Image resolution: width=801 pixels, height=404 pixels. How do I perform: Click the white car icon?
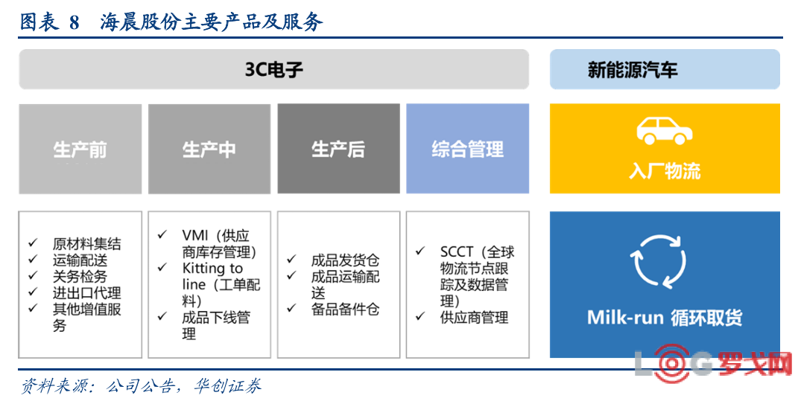[x=664, y=131]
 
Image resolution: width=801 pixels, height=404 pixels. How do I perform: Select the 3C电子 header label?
[x=273, y=69]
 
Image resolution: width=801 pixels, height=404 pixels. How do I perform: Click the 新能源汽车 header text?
[x=633, y=69]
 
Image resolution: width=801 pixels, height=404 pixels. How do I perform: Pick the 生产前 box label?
[x=80, y=150]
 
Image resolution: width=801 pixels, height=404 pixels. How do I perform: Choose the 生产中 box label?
[x=209, y=150]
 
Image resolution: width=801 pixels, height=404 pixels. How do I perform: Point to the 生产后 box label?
[x=338, y=150]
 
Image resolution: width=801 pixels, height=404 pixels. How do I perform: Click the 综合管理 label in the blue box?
[x=467, y=150]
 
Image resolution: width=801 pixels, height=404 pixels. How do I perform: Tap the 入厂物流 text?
[x=665, y=171]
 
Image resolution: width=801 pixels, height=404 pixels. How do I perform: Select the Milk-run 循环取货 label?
[x=665, y=317]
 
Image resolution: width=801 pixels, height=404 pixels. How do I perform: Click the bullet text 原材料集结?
[x=87, y=244]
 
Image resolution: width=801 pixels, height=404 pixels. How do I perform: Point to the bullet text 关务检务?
[x=80, y=277]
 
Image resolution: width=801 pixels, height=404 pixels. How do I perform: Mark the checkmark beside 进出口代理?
[x=33, y=292]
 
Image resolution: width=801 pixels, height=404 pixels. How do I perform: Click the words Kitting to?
[x=212, y=269]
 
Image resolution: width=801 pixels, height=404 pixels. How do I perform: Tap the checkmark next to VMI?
[x=162, y=234]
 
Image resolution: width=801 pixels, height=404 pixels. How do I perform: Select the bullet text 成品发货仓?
[x=345, y=260]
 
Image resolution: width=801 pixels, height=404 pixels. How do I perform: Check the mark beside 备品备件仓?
[x=291, y=307]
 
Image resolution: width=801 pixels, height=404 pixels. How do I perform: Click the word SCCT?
[x=457, y=252]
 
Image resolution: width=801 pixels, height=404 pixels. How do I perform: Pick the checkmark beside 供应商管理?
[x=420, y=316]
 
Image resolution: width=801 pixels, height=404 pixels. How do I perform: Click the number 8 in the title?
[x=75, y=22]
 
